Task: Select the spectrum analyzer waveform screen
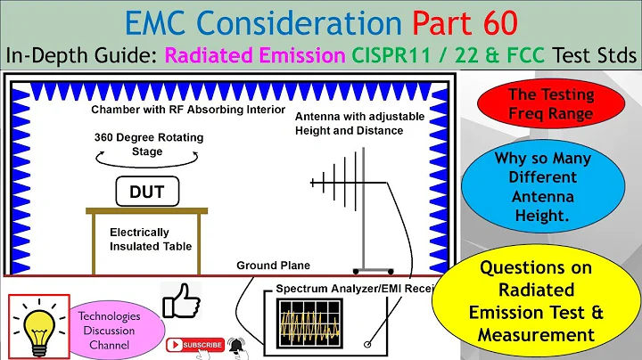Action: coord(313,323)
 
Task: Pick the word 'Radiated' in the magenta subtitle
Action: coord(224,55)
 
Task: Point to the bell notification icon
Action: coord(237,343)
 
